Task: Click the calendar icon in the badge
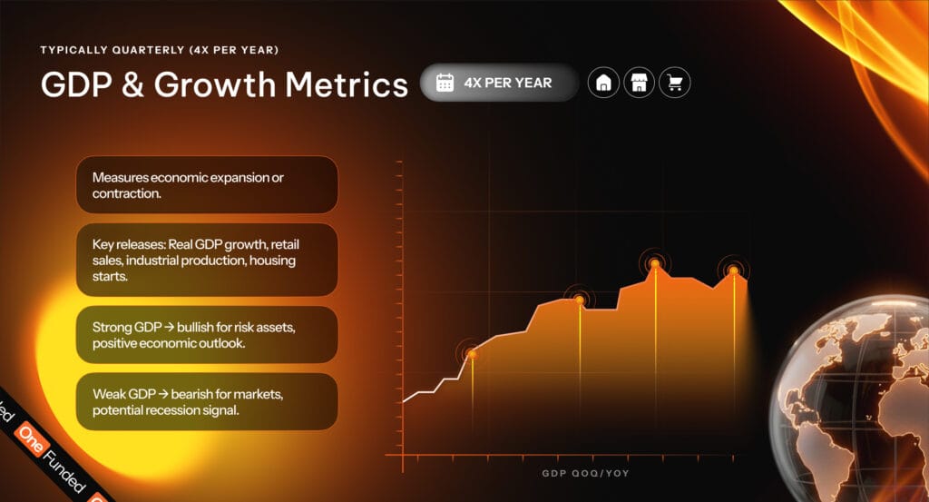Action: [x=445, y=83]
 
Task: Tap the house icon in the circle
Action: [x=603, y=83]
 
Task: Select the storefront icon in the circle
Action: [x=639, y=83]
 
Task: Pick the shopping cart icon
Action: [x=675, y=83]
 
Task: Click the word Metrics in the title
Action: [x=347, y=84]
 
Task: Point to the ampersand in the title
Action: [x=133, y=84]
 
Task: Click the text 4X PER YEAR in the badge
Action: [x=508, y=83]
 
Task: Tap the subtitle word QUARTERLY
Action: [x=148, y=50]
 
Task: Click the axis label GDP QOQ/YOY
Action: [x=585, y=473]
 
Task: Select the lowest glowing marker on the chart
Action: [x=472, y=354]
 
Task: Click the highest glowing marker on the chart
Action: [x=655, y=264]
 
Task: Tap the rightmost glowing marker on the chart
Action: [x=733, y=271]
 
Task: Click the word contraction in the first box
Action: [x=126, y=193]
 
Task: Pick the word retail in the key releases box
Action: [x=285, y=244]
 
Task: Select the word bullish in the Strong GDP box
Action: [x=196, y=327]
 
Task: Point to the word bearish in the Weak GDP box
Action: [x=191, y=394]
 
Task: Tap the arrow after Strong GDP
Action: [x=169, y=328]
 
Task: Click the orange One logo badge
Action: [x=31, y=439]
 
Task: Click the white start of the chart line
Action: [x=404, y=401]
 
